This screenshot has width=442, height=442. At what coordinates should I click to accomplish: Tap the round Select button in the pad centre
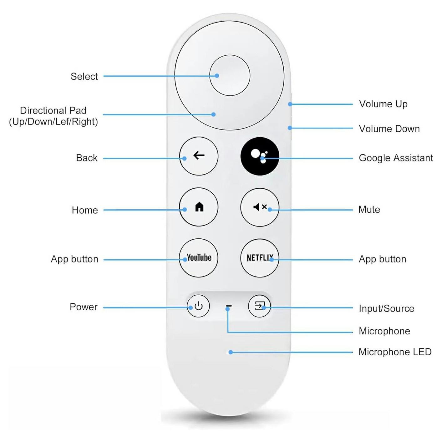tap(230, 75)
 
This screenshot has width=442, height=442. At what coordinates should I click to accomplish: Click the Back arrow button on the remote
tap(199, 156)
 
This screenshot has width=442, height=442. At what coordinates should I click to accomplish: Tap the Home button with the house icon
tap(199, 207)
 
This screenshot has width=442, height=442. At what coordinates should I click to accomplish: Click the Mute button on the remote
tap(259, 207)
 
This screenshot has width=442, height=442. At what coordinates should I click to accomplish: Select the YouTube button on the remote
tap(199, 258)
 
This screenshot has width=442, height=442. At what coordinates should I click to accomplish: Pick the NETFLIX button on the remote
tap(259, 258)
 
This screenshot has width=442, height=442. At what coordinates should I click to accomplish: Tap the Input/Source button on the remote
tap(259, 306)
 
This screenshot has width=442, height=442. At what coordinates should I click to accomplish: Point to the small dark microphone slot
tap(229, 306)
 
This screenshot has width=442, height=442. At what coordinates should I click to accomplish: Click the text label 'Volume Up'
tap(383, 104)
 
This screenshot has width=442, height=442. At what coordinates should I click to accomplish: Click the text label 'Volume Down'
tap(389, 129)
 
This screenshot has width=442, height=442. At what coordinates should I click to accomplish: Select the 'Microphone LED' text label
tap(395, 352)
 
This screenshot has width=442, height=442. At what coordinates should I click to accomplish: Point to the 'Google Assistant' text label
tap(396, 158)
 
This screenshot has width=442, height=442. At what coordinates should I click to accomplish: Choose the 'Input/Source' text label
tap(386, 308)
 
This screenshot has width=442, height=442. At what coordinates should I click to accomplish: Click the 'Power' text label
tap(84, 307)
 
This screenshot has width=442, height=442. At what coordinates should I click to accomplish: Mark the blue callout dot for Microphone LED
tap(231, 352)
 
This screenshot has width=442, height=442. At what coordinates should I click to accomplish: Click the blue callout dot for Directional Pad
tap(213, 114)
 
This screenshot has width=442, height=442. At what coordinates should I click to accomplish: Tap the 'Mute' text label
tap(369, 209)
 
